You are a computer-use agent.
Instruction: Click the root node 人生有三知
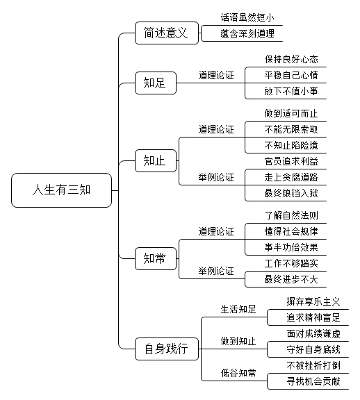pyautogui.click(x=62, y=190)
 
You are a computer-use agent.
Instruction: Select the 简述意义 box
pyautogui.click(x=167, y=33)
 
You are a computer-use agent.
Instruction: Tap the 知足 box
pyautogui.click(x=156, y=83)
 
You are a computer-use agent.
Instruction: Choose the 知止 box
pyautogui.click(x=156, y=160)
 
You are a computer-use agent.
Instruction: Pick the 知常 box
pyautogui.click(x=156, y=258)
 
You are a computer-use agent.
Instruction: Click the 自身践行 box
pyautogui.click(x=167, y=349)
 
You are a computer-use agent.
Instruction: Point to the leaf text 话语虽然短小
pyautogui.click(x=247, y=17)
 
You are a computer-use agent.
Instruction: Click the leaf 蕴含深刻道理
pyautogui.click(x=247, y=33)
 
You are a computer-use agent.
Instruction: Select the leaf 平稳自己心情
pyautogui.click(x=291, y=75)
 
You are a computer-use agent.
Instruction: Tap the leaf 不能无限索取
pyautogui.click(x=291, y=129)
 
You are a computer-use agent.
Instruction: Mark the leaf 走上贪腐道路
pyautogui.click(x=291, y=177)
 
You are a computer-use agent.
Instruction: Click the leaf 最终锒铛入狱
pyautogui.click(x=291, y=193)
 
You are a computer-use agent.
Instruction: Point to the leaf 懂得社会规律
pyautogui.click(x=291, y=231)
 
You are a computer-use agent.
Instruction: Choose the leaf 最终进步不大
pyautogui.click(x=291, y=279)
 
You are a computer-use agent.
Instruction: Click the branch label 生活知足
pyautogui.click(x=238, y=309)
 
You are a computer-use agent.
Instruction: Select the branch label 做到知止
pyautogui.click(x=238, y=341)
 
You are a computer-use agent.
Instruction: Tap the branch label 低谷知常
pyautogui.click(x=238, y=373)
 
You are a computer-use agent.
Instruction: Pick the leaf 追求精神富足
pyautogui.click(x=313, y=317)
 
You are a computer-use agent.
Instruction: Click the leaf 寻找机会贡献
pyautogui.click(x=313, y=381)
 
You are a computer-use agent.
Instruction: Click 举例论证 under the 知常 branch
pyautogui.click(x=216, y=271)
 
